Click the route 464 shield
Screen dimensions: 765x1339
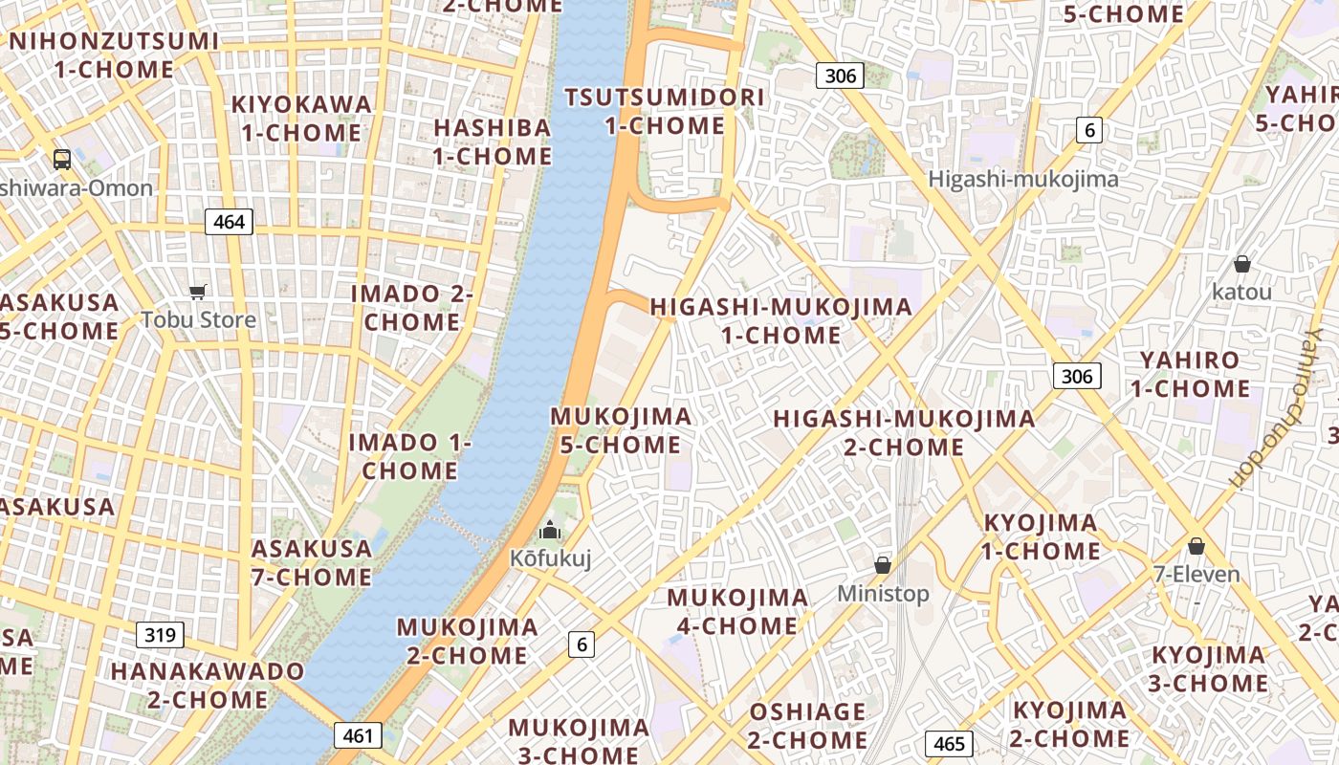229,222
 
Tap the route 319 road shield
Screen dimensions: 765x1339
160,634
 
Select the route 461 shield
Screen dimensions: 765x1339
358,735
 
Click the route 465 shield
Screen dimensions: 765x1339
949,744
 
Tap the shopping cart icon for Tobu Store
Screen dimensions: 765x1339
198,293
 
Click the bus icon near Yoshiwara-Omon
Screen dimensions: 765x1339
62,159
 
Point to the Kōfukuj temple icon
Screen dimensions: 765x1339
550,530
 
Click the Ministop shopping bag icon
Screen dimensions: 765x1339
883,565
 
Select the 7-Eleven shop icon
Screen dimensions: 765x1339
1196,546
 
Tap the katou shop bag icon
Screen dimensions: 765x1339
1241,264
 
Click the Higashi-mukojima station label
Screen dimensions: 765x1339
1023,179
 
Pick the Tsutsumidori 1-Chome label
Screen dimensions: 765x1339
665,111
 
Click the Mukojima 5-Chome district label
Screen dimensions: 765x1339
621,430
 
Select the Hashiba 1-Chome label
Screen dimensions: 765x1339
493,142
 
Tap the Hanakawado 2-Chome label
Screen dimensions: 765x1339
208,685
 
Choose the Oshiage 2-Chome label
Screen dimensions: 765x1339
807,726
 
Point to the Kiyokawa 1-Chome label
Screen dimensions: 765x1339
301,118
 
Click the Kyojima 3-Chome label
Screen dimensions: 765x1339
1209,669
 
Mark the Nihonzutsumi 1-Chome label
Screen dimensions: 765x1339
114,55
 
